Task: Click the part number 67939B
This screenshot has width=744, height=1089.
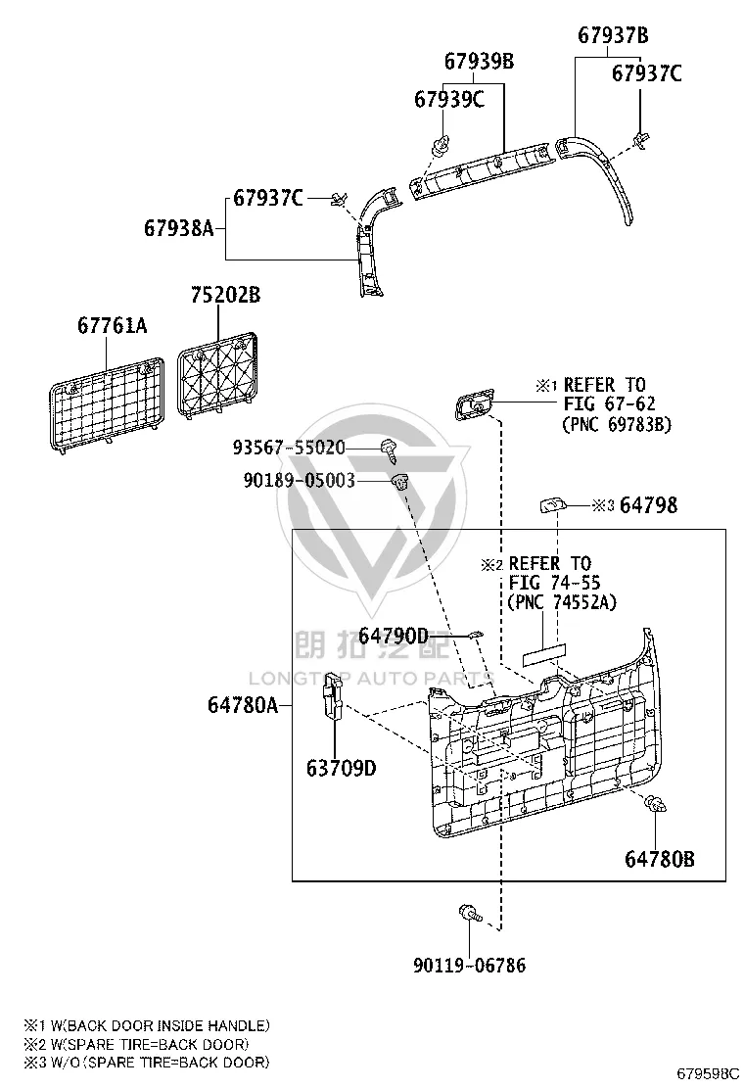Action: [479, 62]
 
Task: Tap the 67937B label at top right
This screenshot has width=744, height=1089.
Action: [613, 35]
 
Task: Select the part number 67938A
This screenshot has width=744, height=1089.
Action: [179, 228]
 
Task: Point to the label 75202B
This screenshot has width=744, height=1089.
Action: [225, 295]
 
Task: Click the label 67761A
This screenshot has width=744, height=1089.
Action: [113, 325]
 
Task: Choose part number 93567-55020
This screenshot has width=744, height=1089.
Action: [289, 448]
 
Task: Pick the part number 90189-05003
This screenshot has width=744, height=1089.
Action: [300, 480]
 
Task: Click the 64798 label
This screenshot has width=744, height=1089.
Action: [648, 505]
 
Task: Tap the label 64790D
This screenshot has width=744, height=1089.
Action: [395, 636]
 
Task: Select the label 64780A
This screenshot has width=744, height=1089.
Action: [243, 705]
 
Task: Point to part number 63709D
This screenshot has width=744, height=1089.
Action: [342, 768]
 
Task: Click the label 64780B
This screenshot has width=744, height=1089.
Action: [660, 859]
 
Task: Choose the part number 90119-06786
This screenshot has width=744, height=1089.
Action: [469, 965]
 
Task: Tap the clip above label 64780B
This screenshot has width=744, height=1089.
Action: [656, 804]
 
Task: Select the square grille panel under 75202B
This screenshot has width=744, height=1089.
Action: [217, 375]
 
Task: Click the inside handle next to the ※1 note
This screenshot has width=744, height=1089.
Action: [475, 404]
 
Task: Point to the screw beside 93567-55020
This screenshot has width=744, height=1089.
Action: [389, 450]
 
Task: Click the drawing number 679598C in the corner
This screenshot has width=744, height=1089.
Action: [709, 1073]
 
